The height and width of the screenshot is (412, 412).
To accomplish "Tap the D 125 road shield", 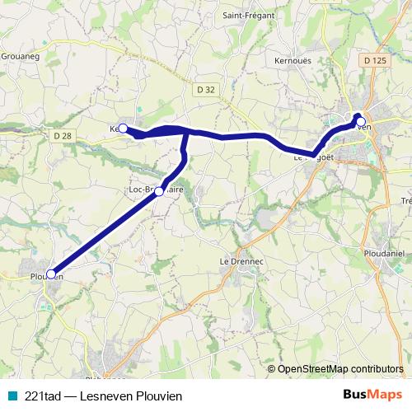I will pos(374,60).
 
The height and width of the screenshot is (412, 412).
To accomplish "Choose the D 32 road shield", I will pos(206,90).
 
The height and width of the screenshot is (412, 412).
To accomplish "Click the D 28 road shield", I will pos(63,134).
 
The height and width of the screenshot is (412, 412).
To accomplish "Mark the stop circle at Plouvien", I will pos(51,274).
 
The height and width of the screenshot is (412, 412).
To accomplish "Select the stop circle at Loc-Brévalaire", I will pos(159,190).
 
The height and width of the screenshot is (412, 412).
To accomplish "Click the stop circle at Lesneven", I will pos(360,122).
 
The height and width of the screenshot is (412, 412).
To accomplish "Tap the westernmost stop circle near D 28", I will pos(123,128).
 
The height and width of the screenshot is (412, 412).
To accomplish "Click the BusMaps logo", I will pos(372,395).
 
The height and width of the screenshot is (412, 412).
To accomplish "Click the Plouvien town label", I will pos(46,276).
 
